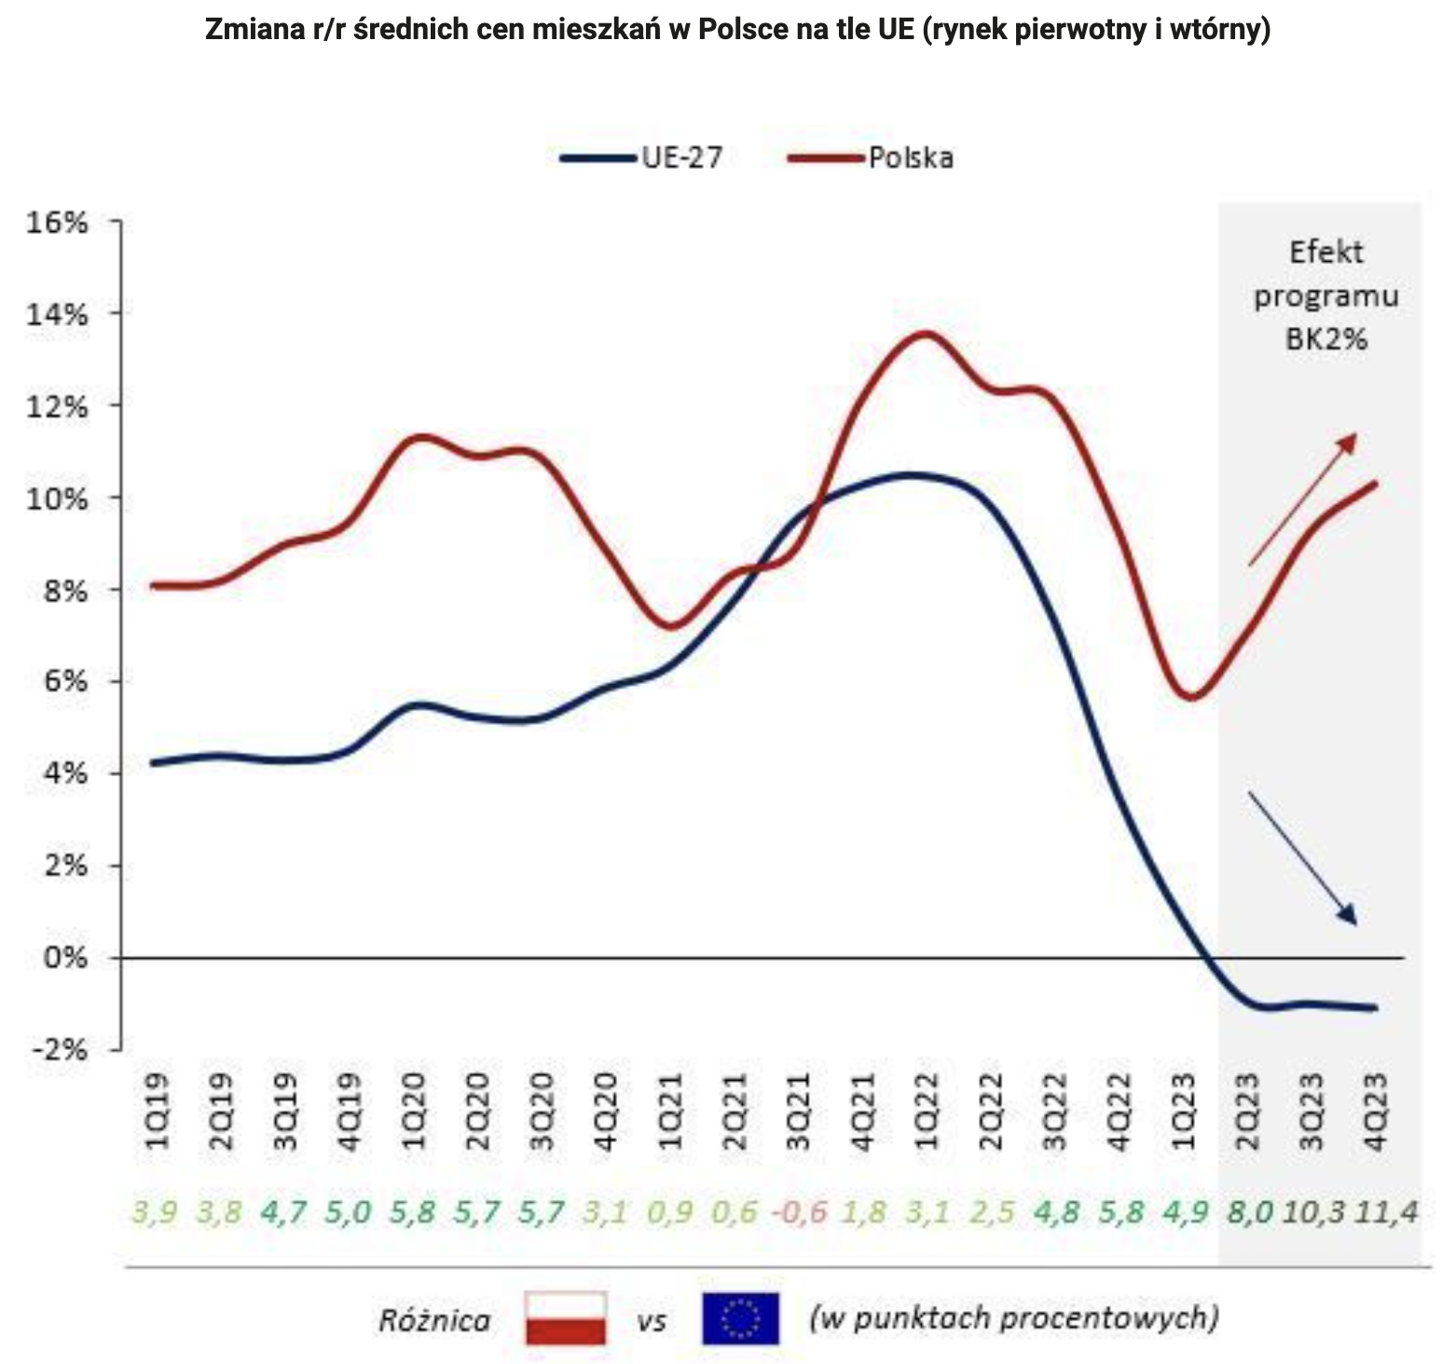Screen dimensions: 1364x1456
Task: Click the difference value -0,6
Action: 799,1212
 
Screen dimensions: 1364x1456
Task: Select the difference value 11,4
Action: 1386,1212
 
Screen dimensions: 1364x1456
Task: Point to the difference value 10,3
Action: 1314,1212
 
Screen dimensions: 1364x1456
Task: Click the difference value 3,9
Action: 155,1212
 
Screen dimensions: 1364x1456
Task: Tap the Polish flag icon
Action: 566,1317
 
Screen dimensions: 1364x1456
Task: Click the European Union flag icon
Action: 740,1317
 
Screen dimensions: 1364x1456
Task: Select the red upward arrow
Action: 1302,498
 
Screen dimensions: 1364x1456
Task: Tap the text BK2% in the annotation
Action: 1326,339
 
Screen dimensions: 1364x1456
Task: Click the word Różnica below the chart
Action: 434,1320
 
